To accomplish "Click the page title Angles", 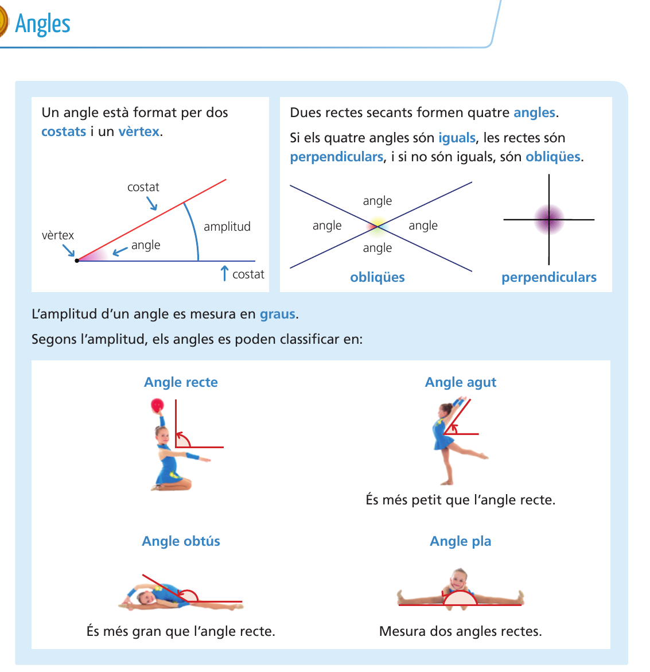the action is pyautogui.click(x=43, y=24).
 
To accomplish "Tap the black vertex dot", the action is pyautogui.click(x=77, y=261).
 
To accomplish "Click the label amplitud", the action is pyautogui.click(x=227, y=227).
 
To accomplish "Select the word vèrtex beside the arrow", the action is pyautogui.click(x=58, y=235).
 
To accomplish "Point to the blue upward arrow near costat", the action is pyautogui.click(x=224, y=273).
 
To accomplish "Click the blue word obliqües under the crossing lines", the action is pyautogui.click(x=377, y=277).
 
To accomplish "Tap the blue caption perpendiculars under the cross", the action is pyautogui.click(x=549, y=277).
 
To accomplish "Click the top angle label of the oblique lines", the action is pyautogui.click(x=377, y=201).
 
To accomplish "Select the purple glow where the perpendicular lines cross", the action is pyautogui.click(x=549, y=219).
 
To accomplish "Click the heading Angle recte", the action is pyautogui.click(x=181, y=382).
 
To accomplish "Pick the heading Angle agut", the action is pyautogui.click(x=461, y=382).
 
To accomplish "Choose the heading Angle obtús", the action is pyautogui.click(x=181, y=541).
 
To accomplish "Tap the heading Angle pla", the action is pyautogui.click(x=461, y=541).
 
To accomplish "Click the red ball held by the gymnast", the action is pyautogui.click(x=157, y=406).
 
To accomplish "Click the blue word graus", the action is pyautogui.click(x=278, y=314).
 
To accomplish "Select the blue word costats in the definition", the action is pyautogui.click(x=64, y=131).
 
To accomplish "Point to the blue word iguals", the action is pyautogui.click(x=457, y=138).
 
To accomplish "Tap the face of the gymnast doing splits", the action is pyautogui.click(x=458, y=579).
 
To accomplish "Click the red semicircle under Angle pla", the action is pyautogui.click(x=460, y=599).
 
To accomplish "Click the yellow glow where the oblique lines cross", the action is pyautogui.click(x=377, y=224).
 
